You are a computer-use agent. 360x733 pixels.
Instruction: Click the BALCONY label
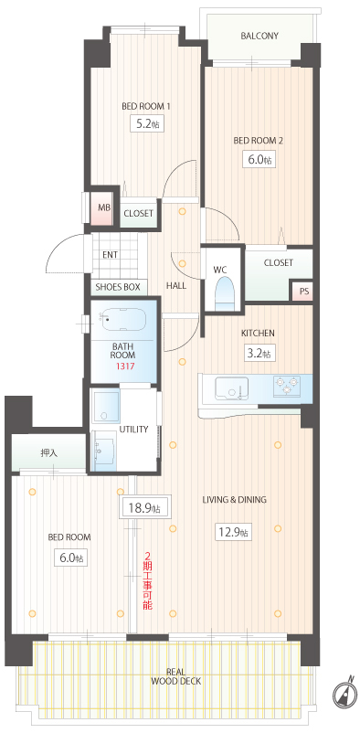coord(259,36)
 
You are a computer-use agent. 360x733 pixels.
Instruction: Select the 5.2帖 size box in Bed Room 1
coord(146,124)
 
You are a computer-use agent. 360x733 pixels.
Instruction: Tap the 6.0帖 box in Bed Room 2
coord(258,159)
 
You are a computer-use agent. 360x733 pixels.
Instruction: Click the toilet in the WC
coord(225,292)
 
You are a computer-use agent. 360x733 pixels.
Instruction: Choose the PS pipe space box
coord(304,292)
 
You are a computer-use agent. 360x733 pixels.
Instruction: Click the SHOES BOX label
coord(118,287)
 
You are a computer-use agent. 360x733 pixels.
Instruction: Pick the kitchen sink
coord(232,388)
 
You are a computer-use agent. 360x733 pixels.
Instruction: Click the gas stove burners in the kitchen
coord(286,386)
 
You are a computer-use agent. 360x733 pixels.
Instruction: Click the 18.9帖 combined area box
coord(144,508)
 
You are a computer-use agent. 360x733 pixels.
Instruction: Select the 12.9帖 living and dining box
coord(232,532)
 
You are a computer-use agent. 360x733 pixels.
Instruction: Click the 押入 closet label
coord(49,452)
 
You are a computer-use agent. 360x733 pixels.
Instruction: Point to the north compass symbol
coord(344,691)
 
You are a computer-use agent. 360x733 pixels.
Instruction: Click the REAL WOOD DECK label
coord(176,677)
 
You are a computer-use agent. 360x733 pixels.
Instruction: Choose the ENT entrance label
coord(110,255)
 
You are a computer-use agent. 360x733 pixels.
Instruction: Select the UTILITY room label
coord(133,430)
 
